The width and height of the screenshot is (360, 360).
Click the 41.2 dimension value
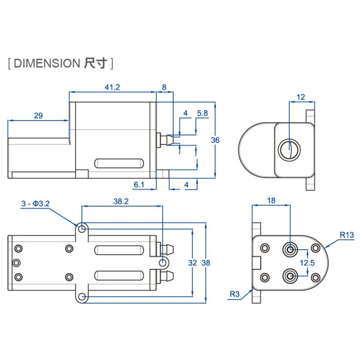tap(112, 87)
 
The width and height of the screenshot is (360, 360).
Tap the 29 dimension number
tap(38, 116)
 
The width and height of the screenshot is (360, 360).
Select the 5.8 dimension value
tap(202, 113)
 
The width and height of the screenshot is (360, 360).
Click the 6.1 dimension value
tap(139, 184)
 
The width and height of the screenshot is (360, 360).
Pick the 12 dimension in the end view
tap(301, 97)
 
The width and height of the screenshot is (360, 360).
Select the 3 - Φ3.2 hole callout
tap(35, 204)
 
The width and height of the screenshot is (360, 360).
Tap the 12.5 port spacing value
tap(307, 262)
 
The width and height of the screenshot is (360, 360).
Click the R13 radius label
tap(346, 234)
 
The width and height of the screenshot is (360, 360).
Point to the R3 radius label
tap(234, 294)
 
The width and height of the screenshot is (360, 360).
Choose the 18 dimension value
tap(271, 201)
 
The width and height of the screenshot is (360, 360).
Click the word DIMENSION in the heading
tap(46, 63)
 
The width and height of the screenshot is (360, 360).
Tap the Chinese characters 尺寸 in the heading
tap(95, 63)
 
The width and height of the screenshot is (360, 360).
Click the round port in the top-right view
tap(288, 150)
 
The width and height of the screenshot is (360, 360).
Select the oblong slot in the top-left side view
tap(119, 163)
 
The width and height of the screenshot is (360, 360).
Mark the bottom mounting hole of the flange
tap(81, 297)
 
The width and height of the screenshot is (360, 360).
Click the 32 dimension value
tap(193, 263)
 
